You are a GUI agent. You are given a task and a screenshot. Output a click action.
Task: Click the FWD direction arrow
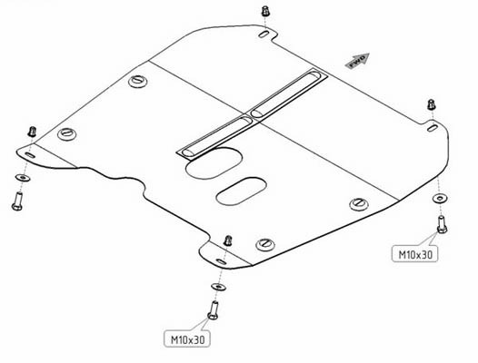(x=357, y=61)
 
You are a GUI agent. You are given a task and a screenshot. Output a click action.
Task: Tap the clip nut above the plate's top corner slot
(x=265, y=11)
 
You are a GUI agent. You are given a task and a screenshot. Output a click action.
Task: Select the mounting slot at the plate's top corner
(x=264, y=34)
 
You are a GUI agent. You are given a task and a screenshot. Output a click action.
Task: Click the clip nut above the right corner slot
(x=431, y=104)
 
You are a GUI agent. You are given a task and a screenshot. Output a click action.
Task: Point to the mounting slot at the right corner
(x=433, y=128)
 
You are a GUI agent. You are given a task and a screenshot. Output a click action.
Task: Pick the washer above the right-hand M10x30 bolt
(x=440, y=199)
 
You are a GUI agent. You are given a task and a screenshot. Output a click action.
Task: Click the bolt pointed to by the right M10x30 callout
(x=442, y=224)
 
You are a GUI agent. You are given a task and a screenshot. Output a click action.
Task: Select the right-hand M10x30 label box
(x=414, y=254)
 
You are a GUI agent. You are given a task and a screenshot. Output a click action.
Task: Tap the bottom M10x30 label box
(x=187, y=338)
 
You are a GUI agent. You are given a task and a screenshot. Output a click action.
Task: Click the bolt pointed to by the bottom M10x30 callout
(x=213, y=310)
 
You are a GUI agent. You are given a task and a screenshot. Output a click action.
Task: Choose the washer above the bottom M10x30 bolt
(x=218, y=287)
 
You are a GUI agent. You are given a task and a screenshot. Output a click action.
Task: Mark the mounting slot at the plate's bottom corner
(x=221, y=261)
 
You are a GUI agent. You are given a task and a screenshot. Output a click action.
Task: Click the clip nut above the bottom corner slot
(x=227, y=240)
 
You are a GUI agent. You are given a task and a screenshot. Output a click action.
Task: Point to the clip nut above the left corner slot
(x=32, y=132)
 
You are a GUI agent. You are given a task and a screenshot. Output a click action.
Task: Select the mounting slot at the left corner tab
(x=30, y=155)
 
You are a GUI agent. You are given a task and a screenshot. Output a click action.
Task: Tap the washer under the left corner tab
(x=23, y=178)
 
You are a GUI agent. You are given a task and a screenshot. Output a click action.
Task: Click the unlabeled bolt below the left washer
(x=17, y=201)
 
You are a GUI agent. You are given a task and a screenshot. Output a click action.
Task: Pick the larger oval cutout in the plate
(x=214, y=163)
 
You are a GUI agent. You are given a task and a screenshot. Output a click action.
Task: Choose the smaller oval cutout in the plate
(x=241, y=191)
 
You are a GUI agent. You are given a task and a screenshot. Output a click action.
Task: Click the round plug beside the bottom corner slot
(x=265, y=244)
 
